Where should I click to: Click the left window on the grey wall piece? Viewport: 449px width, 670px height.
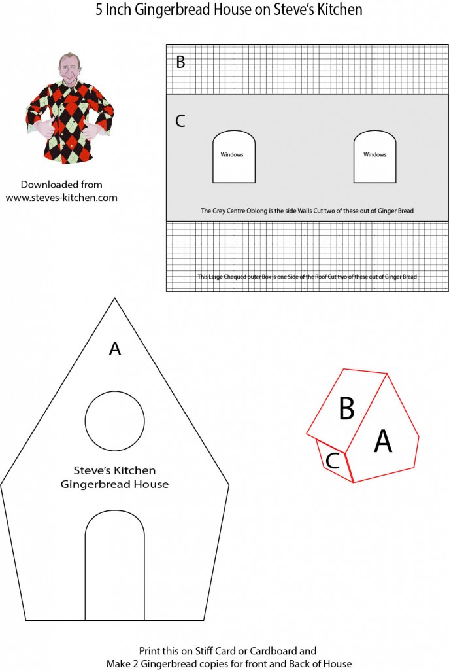point(234,157)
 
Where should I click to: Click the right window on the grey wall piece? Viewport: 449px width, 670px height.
point(374,157)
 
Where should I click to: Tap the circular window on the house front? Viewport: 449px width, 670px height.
point(115,421)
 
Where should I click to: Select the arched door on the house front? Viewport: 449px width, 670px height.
point(115,565)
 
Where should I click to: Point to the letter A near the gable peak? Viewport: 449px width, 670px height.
point(115,349)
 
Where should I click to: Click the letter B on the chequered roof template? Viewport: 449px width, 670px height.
point(180,62)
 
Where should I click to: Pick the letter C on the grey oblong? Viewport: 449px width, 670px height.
point(180,121)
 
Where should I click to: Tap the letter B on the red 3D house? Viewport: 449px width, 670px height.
point(346,408)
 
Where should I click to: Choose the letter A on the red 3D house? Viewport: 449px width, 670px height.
point(383,441)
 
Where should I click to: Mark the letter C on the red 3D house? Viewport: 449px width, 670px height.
point(333,461)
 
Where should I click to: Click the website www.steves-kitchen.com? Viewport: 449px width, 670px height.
point(61,198)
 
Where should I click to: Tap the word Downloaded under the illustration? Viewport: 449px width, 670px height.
point(44,185)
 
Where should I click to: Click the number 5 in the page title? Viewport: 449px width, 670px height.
point(99,9)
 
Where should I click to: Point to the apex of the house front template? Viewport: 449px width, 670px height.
point(115,298)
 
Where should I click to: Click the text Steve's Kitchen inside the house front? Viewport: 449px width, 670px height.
point(115,470)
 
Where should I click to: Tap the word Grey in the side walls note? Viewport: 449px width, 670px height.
point(220,211)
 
